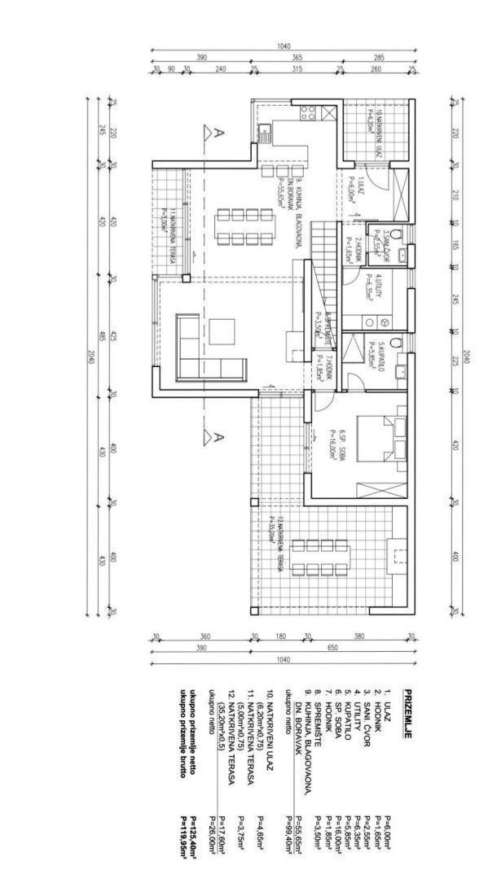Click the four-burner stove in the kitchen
[x=307, y=113]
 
